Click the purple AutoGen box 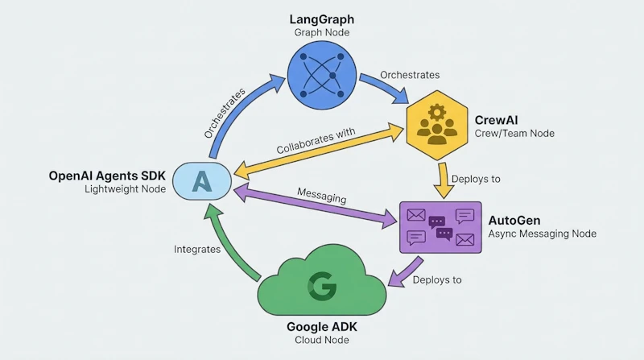pyautogui.click(x=440, y=227)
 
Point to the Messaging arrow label pyautogui.click(x=322, y=195)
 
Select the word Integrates pyautogui.click(x=197, y=250)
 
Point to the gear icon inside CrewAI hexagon pyautogui.click(x=437, y=111)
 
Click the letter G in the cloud pyautogui.click(x=322, y=286)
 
